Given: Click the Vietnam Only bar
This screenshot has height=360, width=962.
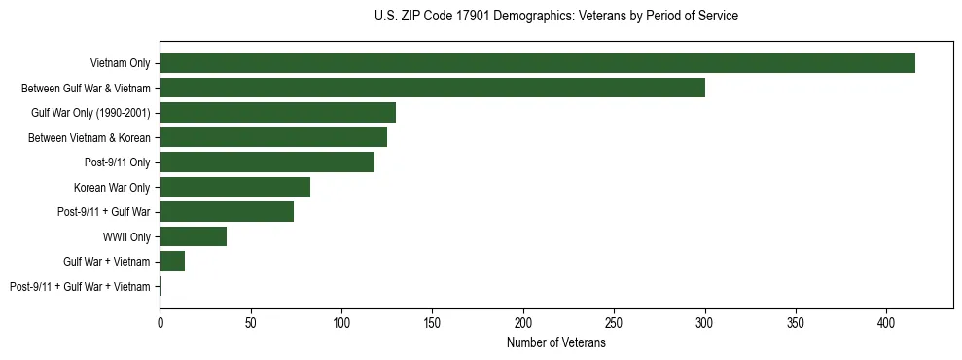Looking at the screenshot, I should coord(537,63).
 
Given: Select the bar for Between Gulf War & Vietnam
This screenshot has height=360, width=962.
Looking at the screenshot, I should coord(432,88).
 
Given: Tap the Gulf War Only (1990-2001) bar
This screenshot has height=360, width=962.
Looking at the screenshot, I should coord(277,113).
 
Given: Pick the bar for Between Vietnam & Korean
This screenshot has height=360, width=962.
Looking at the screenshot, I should coord(273,137).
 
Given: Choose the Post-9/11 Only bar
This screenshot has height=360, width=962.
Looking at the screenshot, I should coord(267,162).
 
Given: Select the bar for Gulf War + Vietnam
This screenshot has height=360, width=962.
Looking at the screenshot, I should coord(172,262).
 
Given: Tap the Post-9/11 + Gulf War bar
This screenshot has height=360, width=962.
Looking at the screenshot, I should coord(227,212).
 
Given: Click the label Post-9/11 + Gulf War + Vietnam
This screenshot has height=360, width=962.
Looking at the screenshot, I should coord(80,287).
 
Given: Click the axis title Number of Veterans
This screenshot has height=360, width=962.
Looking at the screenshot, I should coord(555,342).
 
